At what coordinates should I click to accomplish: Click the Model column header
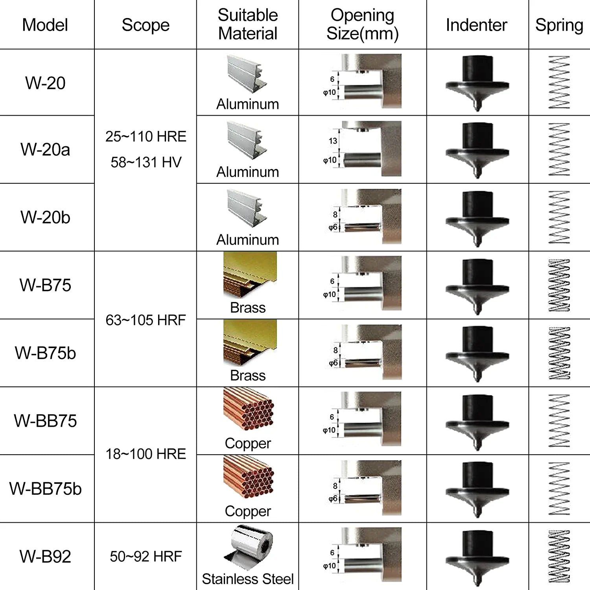tap(45, 25)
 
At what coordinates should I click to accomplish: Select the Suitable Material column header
tap(248, 24)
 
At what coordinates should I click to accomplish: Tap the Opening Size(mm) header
tap(362, 24)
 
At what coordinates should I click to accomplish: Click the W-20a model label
tap(45, 149)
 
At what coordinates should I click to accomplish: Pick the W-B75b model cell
tap(45, 353)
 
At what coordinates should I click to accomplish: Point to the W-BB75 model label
tap(45, 421)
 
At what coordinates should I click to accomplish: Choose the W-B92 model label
tap(45, 557)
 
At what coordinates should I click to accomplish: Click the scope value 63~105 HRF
tap(146, 320)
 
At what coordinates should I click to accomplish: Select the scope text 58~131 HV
tap(146, 162)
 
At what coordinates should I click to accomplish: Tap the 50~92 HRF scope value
tap(146, 557)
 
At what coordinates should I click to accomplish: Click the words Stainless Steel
tap(248, 579)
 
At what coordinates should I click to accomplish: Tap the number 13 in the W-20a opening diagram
tap(333, 141)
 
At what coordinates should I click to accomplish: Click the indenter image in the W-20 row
tap(478, 82)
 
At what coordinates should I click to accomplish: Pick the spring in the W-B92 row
tap(559, 556)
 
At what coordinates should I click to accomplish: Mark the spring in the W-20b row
tap(559, 217)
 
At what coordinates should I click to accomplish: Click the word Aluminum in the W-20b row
tap(248, 240)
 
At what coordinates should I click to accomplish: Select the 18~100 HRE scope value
tap(146, 454)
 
